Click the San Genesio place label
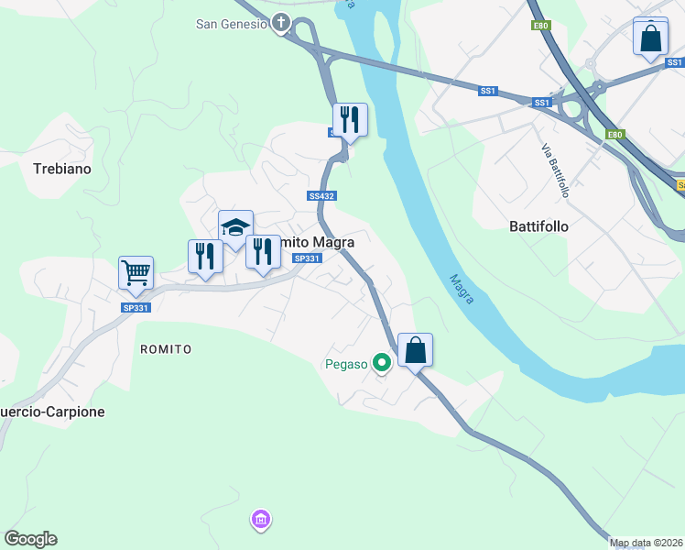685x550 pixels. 231,24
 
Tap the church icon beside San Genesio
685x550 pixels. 281,24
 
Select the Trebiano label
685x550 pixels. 62,169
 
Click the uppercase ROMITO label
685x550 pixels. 166,349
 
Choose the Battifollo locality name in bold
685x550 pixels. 538,225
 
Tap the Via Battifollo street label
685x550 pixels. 555,170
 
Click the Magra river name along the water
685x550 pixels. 461,290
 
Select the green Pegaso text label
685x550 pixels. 346,364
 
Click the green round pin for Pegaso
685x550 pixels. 382,364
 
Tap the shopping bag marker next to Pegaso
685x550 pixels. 415,350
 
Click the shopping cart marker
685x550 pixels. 136,272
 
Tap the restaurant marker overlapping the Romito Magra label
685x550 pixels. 263,252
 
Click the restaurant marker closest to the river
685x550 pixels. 349,120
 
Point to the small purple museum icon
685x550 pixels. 261,521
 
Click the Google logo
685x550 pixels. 30,539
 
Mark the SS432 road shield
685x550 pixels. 321,196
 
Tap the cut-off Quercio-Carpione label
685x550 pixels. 52,412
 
